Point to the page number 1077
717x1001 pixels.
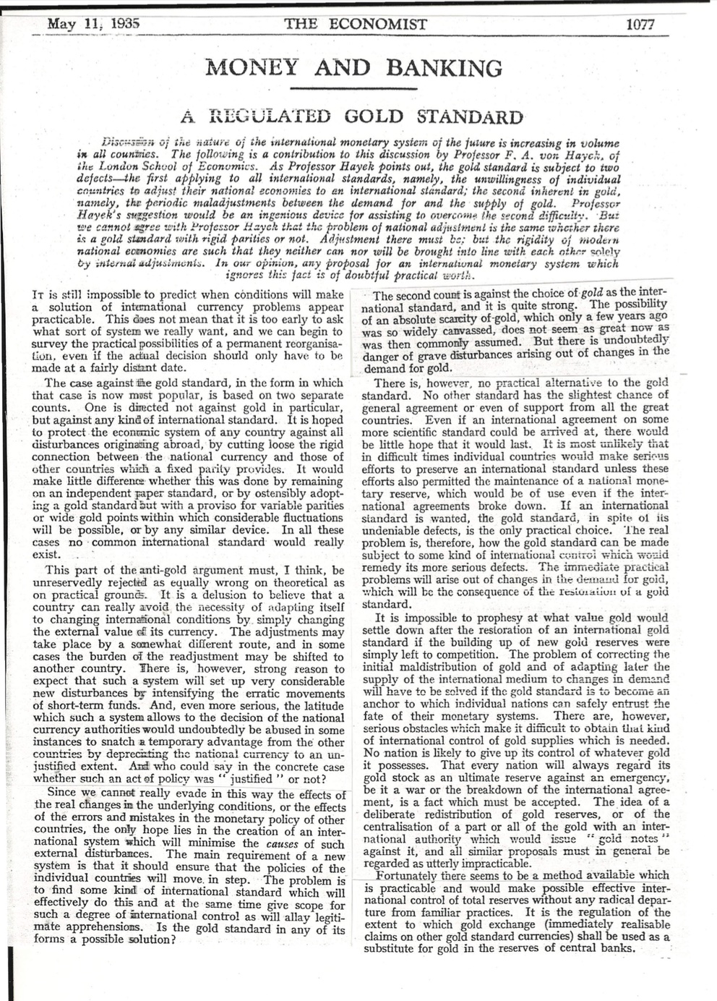pyautogui.click(x=640, y=23)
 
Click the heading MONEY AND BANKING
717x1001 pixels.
pyautogui.click(x=354, y=68)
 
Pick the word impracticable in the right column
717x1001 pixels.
pyautogui.click(x=495, y=863)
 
